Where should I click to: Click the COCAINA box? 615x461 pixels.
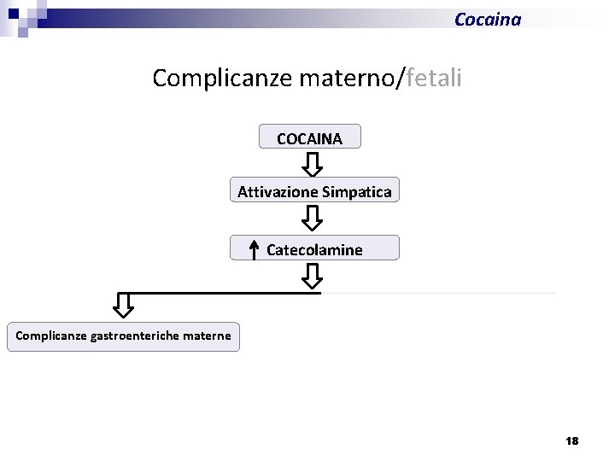point(309,137)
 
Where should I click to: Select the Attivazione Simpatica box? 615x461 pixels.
point(314,191)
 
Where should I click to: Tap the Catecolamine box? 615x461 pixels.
point(314,249)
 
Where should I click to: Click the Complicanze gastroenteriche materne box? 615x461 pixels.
point(123,336)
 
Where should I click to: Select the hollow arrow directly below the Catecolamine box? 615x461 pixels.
point(313,276)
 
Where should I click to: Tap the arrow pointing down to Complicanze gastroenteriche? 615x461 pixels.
point(124,305)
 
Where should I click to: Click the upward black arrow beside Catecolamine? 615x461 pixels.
point(254,248)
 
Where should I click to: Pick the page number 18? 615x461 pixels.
point(571,441)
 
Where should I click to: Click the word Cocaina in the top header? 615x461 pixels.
point(487,19)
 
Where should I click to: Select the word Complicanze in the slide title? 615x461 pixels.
point(223,79)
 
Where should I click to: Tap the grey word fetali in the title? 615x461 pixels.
point(435,79)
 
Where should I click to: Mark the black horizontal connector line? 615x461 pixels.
point(222,293)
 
